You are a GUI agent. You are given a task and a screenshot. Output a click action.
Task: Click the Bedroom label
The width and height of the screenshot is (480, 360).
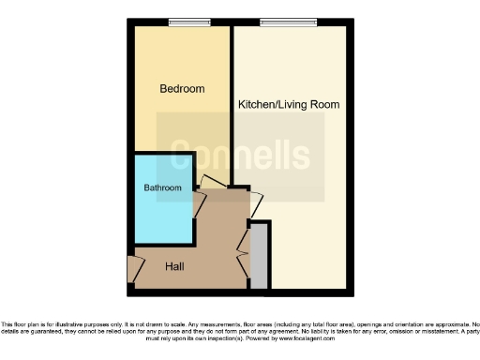(182, 89)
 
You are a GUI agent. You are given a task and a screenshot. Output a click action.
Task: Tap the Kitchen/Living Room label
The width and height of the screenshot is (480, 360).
(288, 104)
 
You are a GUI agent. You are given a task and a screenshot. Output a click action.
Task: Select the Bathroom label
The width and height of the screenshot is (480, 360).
(162, 187)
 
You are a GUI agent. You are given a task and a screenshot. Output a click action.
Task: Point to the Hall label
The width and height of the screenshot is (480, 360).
(174, 267)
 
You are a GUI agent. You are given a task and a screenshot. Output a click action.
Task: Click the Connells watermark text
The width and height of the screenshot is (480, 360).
(240, 156)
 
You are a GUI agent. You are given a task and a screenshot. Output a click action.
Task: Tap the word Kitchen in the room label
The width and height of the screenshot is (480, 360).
(256, 104)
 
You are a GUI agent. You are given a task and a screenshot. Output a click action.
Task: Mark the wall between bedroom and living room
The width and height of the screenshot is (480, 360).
(231, 103)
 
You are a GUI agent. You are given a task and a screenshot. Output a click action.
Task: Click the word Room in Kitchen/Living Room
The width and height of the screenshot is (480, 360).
(324, 104)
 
